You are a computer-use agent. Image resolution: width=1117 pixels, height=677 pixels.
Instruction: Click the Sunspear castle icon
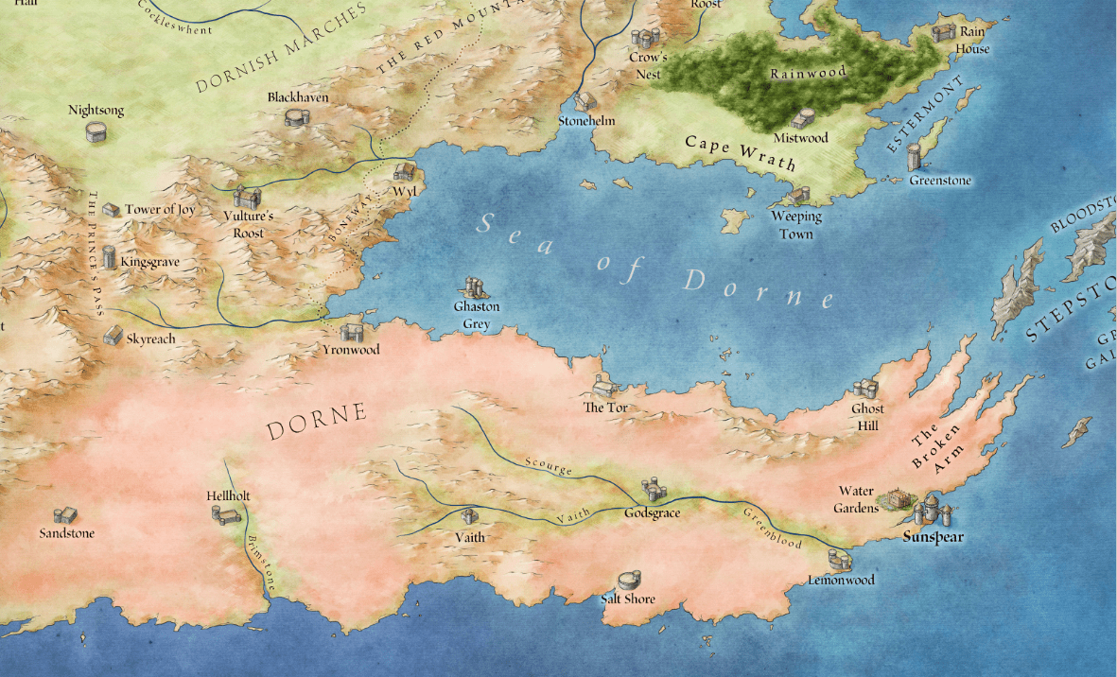coord(931,510)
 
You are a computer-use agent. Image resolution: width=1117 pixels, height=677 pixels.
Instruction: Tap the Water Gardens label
coord(856,499)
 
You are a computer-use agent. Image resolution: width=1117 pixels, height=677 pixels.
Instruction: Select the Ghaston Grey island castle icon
coord(475,287)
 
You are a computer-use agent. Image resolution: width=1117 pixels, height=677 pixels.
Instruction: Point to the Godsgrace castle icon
coord(652,490)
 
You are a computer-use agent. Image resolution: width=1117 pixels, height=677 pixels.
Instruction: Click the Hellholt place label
coord(228,495)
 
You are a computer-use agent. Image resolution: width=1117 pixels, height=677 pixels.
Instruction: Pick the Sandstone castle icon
coord(64,515)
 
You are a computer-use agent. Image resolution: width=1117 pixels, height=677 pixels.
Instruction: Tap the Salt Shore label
coord(628,599)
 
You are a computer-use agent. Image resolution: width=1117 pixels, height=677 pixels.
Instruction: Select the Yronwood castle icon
coord(351,332)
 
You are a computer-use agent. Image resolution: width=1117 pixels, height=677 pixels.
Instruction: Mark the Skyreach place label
coord(151,338)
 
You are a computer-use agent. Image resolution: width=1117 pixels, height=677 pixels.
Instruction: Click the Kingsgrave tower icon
coord(110,257)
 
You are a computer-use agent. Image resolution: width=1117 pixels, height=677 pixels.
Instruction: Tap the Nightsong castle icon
coord(96,131)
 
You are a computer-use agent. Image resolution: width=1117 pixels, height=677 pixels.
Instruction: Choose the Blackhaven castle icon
coord(297,116)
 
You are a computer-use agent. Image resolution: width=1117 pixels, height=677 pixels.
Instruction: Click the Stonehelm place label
coord(586,121)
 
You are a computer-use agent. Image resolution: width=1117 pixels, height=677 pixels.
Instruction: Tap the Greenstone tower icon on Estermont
coord(914,157)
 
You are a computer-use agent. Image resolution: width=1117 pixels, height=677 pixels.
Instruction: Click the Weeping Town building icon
coord(800,196)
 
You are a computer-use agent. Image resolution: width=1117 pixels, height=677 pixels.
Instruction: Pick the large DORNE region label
coord(316,423)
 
